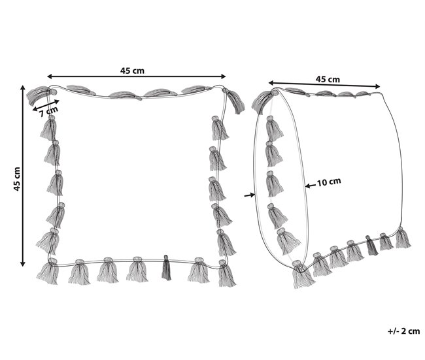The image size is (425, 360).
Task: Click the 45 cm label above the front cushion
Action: [x=132, y=71]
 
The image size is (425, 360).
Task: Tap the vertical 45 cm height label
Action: [x=17, y=179]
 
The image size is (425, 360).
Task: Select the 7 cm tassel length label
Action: [x=49, y=111]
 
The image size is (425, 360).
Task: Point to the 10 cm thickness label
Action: [x=329, y=182]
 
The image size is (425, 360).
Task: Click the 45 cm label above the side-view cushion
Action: [x=328, y=79]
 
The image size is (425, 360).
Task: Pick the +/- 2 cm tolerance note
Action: [x=403, y=331]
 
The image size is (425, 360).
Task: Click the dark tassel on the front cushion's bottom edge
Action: [x=166, y=268]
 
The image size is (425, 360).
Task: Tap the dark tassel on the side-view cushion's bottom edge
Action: [x=371, y=246]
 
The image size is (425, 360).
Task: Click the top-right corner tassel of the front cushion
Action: [x=234, y=100]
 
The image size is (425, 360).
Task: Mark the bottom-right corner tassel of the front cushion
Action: [x=226, y=273]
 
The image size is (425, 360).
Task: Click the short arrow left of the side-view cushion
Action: [x=250, y=195]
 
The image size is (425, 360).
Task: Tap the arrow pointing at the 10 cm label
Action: [x=311, y=186]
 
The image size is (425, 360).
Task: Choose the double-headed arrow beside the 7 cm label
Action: [x=46, y=105]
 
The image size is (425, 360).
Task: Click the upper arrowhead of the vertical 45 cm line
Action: [x=23, y=88]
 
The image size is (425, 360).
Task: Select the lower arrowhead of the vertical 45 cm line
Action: [x=23, y=263]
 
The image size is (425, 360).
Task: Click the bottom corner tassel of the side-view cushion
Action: [x=303, y=274]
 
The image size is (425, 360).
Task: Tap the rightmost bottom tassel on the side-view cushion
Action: [x=403, y=238]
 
